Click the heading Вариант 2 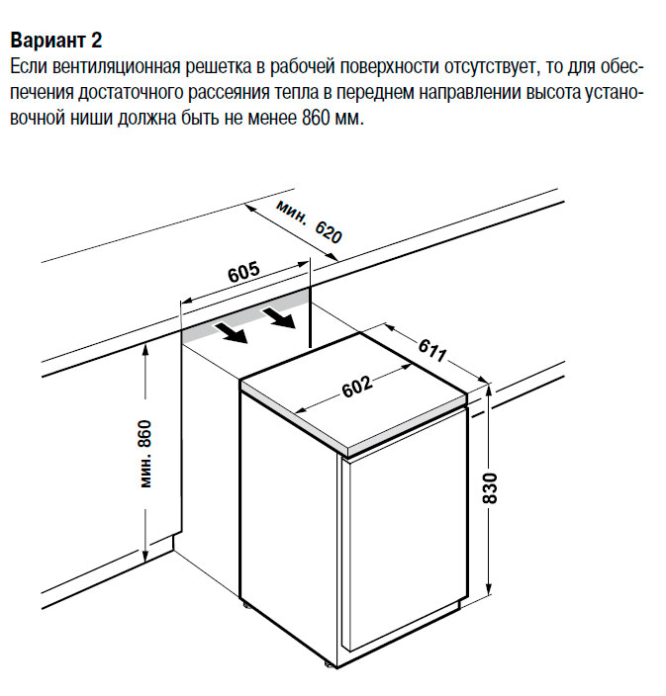coord(56,40)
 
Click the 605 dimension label coord(243,272)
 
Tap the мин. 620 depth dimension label coord(309,221)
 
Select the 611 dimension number coord(432,350)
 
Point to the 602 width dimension coord(357,387)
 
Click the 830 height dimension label coord(490,488)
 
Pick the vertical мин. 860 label coord(145,454)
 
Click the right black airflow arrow coord(279,317)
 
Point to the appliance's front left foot coord(245,604)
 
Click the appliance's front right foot coord(330,663)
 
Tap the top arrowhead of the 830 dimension coord(489,391)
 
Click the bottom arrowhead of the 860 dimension coord(144,557)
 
